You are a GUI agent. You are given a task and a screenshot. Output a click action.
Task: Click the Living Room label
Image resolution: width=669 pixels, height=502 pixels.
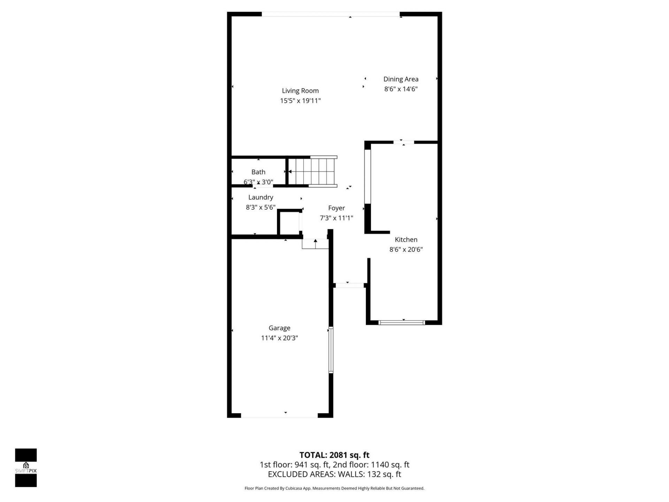point(300,91)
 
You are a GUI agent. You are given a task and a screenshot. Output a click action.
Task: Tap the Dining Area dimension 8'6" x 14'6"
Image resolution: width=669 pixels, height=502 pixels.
point(401,89)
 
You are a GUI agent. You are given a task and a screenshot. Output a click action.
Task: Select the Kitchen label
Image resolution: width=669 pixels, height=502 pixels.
point(406,239)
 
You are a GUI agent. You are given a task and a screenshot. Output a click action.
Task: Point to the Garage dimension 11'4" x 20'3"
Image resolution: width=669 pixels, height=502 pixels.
point(279,338)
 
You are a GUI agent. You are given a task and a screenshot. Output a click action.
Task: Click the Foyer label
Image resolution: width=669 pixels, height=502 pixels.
point(336,208)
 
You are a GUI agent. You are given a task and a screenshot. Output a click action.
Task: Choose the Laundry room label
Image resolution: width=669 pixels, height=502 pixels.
point(261,197)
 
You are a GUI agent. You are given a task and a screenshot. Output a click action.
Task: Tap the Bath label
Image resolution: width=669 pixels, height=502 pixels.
point(258,172)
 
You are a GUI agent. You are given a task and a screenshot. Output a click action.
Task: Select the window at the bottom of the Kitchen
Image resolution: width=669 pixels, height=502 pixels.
point(401,322)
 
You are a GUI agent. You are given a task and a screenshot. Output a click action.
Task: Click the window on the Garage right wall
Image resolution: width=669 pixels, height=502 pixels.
point(331,350)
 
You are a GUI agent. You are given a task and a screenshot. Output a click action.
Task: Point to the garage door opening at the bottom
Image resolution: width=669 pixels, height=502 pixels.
point(279,416)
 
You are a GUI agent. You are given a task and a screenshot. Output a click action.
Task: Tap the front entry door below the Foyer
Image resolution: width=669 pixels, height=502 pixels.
point(349,285)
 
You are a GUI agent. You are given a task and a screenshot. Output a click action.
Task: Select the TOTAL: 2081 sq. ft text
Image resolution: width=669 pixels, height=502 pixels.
point(334,455)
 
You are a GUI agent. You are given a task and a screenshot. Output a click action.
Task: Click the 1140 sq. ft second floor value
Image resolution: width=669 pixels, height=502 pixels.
point(390,465)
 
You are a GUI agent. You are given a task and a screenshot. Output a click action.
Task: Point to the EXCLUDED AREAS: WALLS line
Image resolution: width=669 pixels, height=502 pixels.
point(334,474)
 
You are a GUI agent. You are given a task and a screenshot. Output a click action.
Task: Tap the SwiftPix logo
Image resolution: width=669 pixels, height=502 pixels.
point(26,467)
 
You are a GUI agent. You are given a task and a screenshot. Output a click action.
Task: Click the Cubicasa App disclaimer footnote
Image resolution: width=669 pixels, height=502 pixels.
point(334,488)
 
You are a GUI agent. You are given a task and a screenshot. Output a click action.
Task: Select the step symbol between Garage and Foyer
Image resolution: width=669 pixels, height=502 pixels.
point(315,244)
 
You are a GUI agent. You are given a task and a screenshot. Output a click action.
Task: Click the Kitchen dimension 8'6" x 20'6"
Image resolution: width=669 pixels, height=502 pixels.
point(406,249)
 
